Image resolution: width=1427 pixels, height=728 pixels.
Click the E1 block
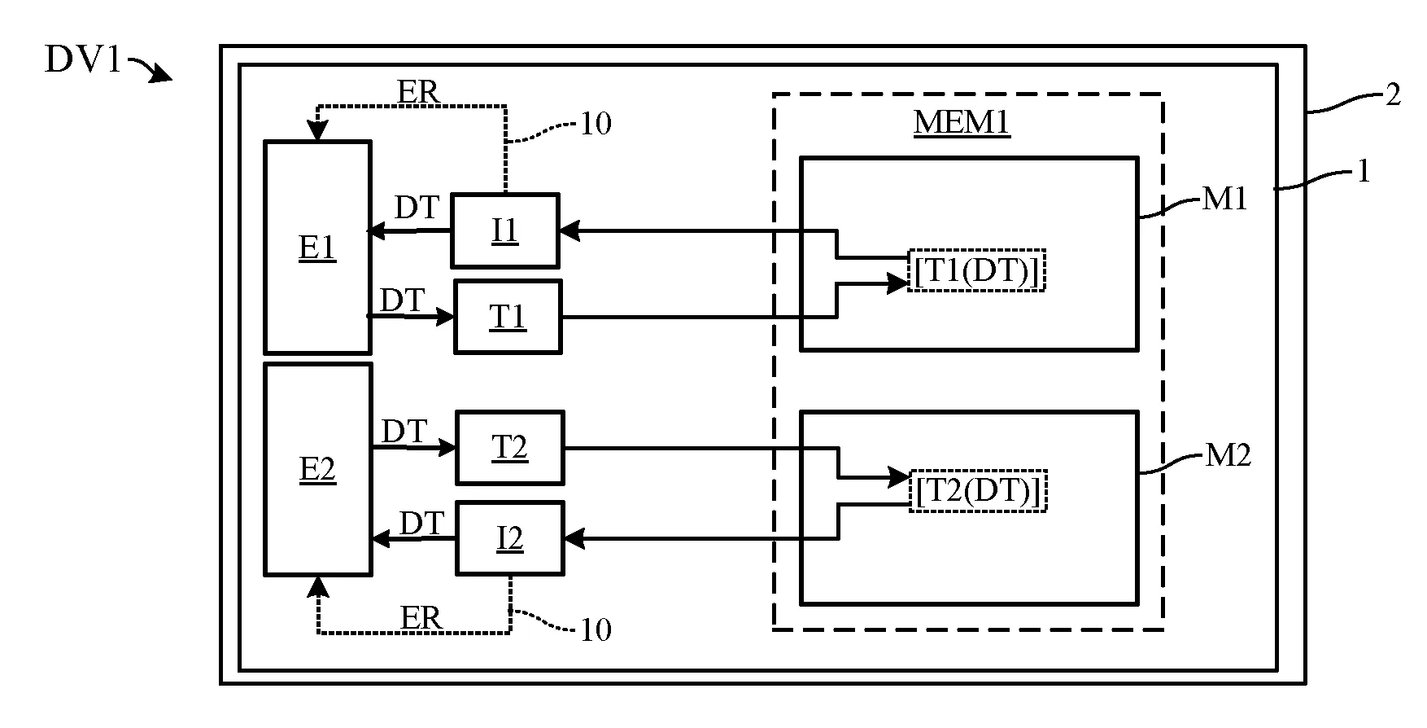318,248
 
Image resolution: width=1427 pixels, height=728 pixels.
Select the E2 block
318,470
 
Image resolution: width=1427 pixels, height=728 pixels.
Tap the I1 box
505,230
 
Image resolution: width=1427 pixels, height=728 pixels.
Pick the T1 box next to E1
508,317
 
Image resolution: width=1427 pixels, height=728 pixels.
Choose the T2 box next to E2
509,448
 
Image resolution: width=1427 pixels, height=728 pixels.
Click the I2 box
509,538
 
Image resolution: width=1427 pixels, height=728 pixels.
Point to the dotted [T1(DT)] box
976,270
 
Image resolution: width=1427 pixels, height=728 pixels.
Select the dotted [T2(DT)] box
977,491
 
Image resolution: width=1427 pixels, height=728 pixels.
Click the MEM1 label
962,123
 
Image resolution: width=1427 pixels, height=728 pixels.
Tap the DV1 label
83,60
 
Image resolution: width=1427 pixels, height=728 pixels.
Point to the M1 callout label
1224,198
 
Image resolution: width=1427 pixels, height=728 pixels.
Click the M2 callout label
1228,456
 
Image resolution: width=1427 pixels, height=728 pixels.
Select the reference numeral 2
1393,95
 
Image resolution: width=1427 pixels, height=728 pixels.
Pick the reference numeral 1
1364,172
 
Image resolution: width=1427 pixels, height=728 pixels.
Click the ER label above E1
418,92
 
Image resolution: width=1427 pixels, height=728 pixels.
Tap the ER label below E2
421,618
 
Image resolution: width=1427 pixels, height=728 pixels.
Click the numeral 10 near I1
596,124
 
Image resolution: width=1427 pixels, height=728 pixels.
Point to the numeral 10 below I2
595,629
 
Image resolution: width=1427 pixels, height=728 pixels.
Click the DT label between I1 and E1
417,208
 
